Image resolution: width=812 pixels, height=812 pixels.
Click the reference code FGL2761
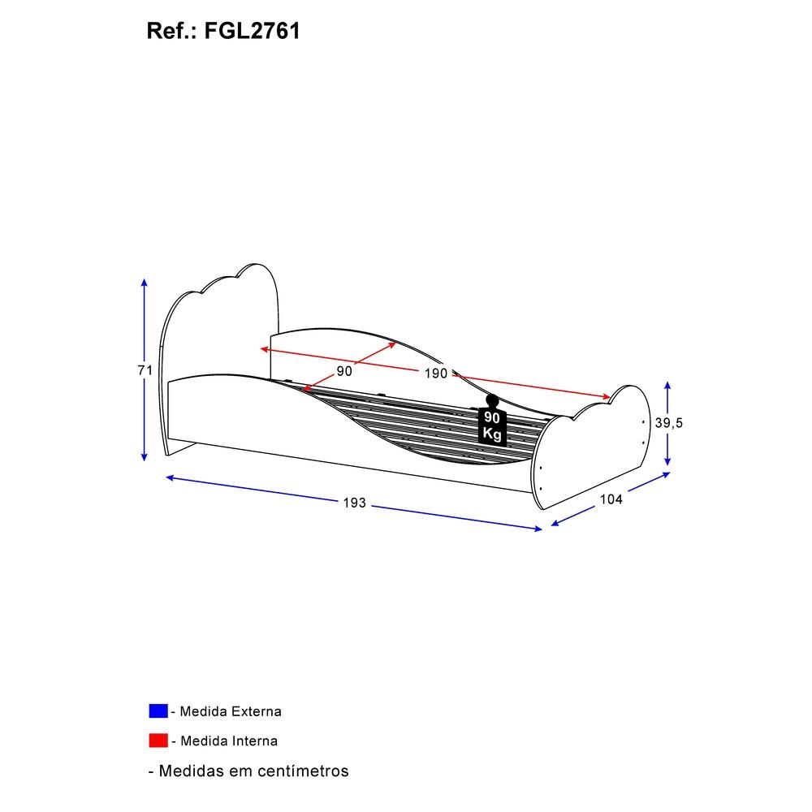(x=253, y=31)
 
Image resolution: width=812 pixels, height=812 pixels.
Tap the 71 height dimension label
(x=145, y=370)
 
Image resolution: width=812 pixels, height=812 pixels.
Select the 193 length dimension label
(x=354, y=503)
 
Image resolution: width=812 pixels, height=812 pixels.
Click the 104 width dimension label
(x=611, y=499)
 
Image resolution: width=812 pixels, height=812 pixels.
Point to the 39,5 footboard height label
(x=668, y=422)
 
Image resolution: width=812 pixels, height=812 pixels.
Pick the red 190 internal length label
(x=435, y=373)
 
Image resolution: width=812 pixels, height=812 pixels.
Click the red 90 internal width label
(x=344, y=371)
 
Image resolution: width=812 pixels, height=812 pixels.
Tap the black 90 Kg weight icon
(x=491, y=420)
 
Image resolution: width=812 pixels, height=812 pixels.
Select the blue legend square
(x=158, y=711)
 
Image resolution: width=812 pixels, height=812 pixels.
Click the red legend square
(x=158, y=741)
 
